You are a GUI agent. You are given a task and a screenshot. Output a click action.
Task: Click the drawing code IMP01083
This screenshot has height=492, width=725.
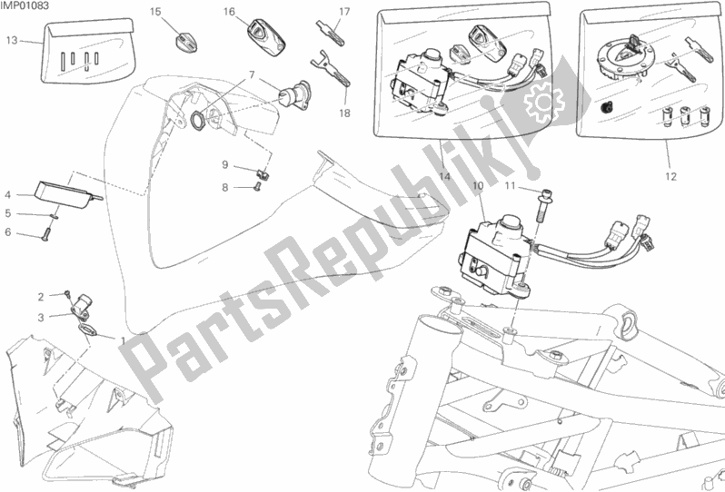tap(25, 6)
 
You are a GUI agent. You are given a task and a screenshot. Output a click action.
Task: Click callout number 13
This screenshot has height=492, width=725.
tap(12, 41)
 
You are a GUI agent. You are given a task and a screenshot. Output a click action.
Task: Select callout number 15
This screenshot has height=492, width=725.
tap(155, 12)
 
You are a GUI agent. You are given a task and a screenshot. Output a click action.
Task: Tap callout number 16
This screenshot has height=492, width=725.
tap(229, 12)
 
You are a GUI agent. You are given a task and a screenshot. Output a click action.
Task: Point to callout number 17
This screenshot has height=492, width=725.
tap(344, 12)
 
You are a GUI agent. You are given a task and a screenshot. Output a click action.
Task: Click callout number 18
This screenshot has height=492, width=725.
tap(344, 113)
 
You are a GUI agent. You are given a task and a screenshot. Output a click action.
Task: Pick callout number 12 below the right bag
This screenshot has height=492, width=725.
tap(670, 176)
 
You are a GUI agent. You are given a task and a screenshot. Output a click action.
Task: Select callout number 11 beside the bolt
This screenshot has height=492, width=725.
tap(510, 186)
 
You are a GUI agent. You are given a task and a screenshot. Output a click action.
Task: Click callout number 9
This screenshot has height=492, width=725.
tap(225, 164)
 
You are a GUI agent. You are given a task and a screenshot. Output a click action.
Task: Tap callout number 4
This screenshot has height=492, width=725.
tap(8, 195)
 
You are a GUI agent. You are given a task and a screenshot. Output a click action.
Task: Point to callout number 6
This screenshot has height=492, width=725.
tap(8, 231)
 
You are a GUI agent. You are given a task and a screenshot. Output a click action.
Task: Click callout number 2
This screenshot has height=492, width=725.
tap(41, 297)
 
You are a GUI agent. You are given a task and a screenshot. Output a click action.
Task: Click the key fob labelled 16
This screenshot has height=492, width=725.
tap(266, 37)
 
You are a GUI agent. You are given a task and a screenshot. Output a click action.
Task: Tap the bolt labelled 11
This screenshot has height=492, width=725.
tap(541, 207)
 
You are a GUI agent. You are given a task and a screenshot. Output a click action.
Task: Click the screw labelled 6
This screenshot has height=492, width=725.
tap(45, 236)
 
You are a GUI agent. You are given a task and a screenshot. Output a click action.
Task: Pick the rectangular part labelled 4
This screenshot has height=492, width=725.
tap(67, 191)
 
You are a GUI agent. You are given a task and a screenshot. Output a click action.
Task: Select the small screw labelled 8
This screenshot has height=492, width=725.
tap(257, 186)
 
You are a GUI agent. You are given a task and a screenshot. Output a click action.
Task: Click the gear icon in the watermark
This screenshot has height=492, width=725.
tap(543, 102)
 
